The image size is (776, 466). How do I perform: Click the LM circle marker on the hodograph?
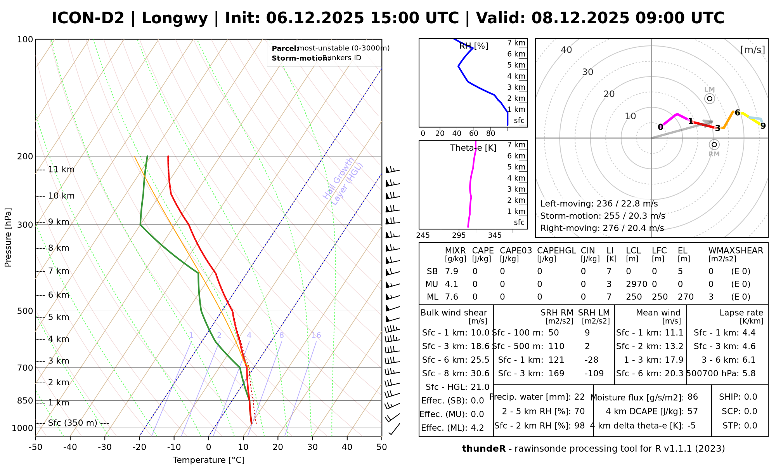[710, 99]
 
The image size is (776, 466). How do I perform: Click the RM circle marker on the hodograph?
[714, 144]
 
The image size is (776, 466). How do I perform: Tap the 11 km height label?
[61, 170]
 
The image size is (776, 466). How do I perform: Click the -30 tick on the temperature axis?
[105, 447]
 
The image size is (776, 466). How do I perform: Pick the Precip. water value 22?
[579, 397]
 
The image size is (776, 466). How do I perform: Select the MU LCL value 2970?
[636, 284]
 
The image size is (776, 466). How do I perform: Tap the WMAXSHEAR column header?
[736, 251]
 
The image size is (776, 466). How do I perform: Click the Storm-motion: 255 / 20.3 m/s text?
[603, 216]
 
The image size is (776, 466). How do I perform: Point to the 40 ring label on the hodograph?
[566, 50]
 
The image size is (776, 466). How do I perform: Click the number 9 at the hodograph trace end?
[763, 126]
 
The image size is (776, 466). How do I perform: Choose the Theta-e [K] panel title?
[473, 148]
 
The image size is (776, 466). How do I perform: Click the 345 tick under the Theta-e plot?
[495, 235]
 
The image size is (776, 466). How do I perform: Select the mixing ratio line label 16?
[316, 335]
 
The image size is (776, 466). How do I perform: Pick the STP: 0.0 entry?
[740, 426]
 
